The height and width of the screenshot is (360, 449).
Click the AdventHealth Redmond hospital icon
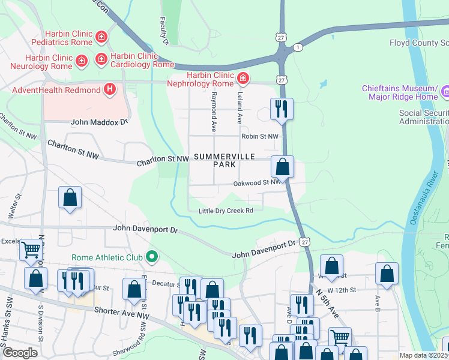109,90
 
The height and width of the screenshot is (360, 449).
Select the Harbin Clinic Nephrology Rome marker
243,78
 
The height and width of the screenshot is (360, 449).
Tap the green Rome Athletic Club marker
152,257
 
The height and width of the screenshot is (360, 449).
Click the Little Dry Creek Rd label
226,211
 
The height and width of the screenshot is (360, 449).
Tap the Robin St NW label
260,136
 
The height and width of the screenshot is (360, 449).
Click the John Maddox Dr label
100,122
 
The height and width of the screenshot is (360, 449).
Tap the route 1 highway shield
297,47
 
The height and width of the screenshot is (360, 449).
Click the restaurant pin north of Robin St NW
282,109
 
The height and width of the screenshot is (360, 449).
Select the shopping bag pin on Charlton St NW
282,167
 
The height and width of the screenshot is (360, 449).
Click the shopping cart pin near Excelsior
31,249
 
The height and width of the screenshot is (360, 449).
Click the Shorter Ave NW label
122,311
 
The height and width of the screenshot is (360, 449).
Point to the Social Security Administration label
424,117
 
